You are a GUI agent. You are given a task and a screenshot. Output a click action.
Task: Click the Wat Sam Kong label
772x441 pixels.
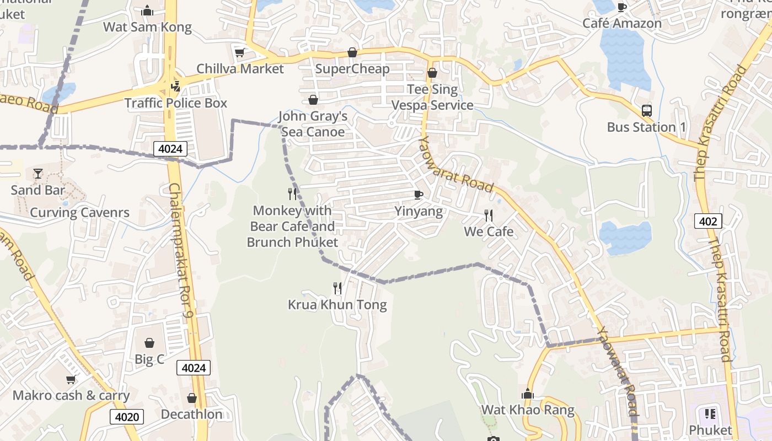[x=147, y=27]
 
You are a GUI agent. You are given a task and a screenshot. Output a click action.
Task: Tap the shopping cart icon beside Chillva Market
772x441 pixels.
[x=239, y=53]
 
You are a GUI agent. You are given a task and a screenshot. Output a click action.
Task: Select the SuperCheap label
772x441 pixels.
[x=352, y=69]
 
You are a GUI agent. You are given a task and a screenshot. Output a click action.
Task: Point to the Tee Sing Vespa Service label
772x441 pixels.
[x=432, y=97]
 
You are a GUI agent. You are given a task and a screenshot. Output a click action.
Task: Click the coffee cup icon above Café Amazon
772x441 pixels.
[x=622, y=7]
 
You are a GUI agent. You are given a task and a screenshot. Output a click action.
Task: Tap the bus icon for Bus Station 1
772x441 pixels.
[x=647, y=111]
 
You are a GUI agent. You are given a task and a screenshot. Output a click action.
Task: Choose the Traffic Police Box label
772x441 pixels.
[x=175, y=103]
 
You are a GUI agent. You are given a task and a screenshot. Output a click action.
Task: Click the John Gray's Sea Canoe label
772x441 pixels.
[x=313, y=124]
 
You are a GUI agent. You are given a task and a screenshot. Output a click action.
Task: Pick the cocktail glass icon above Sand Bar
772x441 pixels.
[x=37, y=174]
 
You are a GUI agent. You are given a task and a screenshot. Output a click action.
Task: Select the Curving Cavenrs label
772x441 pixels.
[x=79, y=213]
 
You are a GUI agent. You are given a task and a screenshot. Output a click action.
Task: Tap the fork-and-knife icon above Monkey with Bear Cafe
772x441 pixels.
[x=292, y=194]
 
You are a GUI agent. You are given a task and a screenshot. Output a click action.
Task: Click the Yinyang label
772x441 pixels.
[x=419, y=212]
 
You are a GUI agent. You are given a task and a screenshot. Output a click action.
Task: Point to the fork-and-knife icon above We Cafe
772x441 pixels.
[x=488, y=215]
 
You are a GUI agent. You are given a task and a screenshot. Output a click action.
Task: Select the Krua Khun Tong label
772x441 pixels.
[x=337, y=305]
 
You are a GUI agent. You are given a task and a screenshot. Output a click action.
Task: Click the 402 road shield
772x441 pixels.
[x=707, y=222]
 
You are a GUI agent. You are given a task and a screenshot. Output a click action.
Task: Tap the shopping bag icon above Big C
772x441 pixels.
[x=149, y=343]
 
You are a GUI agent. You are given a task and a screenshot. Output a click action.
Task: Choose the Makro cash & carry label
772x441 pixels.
[x=71, y=396]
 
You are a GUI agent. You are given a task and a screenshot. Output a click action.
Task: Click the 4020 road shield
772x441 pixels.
[x=127, y=417]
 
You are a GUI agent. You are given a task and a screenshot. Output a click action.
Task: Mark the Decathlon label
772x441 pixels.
[x=192, y=415]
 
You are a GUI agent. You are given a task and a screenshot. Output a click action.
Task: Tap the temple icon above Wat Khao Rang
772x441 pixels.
[x=528, y=394]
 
